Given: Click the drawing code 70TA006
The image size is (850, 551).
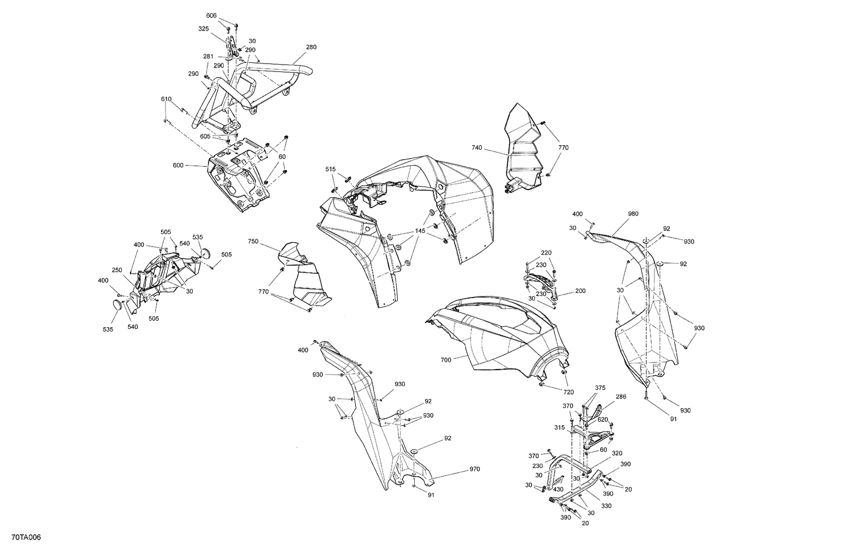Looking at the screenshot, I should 20,537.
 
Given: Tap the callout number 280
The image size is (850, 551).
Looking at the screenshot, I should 311,47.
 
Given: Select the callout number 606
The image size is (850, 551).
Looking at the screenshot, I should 211,15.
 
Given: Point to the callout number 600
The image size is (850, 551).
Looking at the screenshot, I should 178,166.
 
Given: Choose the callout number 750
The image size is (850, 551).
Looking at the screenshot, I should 253,241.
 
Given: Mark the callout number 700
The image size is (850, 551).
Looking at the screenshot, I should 445,359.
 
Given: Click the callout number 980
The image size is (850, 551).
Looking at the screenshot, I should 633,214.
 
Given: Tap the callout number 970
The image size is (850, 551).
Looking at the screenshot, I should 474,469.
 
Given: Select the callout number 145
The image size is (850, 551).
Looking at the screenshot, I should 420,231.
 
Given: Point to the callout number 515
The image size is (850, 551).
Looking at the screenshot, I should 330,169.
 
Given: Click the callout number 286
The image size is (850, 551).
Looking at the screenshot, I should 621,397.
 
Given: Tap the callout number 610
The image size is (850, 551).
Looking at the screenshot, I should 166,99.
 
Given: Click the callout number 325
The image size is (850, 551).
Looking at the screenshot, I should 203,28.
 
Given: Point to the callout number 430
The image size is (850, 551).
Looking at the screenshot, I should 558,489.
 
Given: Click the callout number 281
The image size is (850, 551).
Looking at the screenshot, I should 208,56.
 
